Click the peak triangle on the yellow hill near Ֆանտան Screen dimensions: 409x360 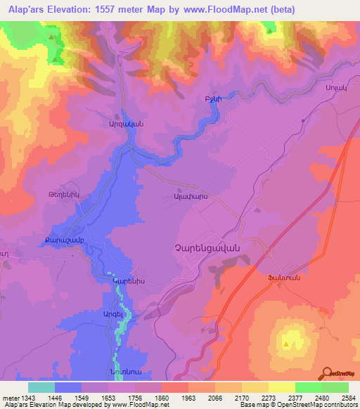click(x=288, y=344)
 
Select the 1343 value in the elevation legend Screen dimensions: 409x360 click(x=20, y=396)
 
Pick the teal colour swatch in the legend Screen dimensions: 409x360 click(x=41, y=387)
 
